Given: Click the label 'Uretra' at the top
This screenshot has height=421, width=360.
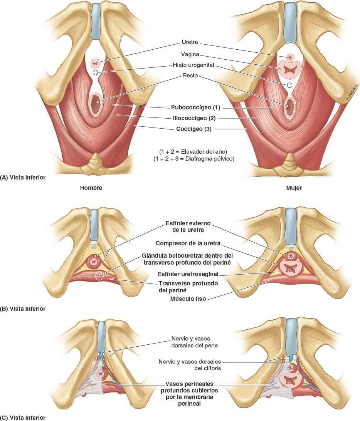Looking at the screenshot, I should pyautogui.click(x=189, y=42).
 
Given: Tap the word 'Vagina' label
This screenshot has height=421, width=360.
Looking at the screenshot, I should pyautogui.click(x=190, y=54).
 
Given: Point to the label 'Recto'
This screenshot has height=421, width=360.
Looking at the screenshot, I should pyautogui.click(x=190, y=76).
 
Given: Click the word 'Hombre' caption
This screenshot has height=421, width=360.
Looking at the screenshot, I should pyautogui.click(x=91, y=188).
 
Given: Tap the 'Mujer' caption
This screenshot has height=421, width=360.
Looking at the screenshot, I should pyautogui.click(x=294, y=188).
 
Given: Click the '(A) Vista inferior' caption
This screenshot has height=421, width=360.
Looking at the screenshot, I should pyautogui.click(x=23, y=178).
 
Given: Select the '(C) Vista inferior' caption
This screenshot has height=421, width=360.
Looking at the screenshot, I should pyautogui.click(x=23, y=418).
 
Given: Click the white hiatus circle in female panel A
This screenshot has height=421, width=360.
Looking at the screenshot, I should pyautogui.click(x=289, y=85).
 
